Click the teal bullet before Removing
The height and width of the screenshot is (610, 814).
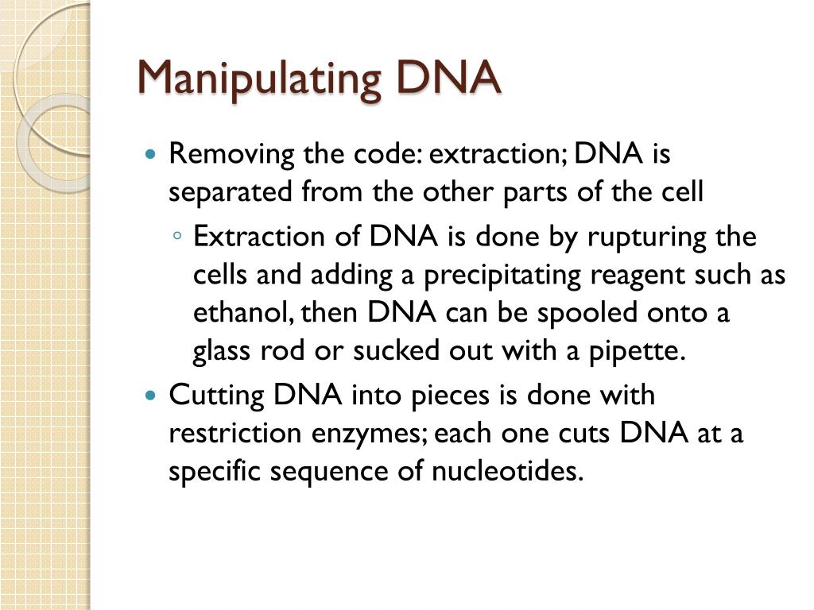pyautogui.click(x=152, y=153)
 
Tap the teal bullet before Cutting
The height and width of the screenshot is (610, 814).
pyautogui.click(x=152, y=395)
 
